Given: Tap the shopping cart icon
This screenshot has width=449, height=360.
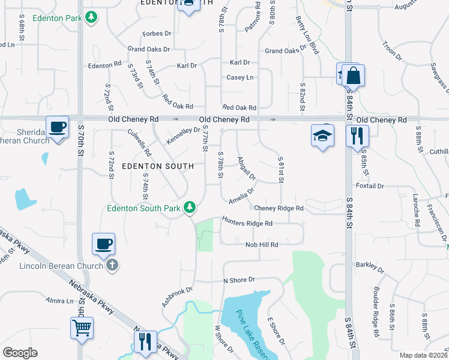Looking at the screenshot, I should (x=82, y=328).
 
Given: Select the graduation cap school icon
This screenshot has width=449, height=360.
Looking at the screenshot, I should (x=322, y=136).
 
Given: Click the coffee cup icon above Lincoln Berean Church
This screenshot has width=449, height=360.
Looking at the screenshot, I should (x=103, y=244).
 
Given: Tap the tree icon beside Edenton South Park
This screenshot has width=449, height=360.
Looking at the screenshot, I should (x=190, y=208).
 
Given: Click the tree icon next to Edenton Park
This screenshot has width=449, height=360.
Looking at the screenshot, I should (x=91, y=17).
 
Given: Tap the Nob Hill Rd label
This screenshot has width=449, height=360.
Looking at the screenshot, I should (x=262, y=245).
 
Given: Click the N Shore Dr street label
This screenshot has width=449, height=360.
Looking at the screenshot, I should (x=239, y=280).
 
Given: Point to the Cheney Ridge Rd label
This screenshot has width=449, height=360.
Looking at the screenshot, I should (x=279, y=208).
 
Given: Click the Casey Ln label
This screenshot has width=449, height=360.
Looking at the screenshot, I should (x=240, y=77).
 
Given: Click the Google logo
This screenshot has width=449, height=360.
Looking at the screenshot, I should (x=20, y=353).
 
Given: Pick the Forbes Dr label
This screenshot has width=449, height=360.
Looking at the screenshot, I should (x=157, y=34).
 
